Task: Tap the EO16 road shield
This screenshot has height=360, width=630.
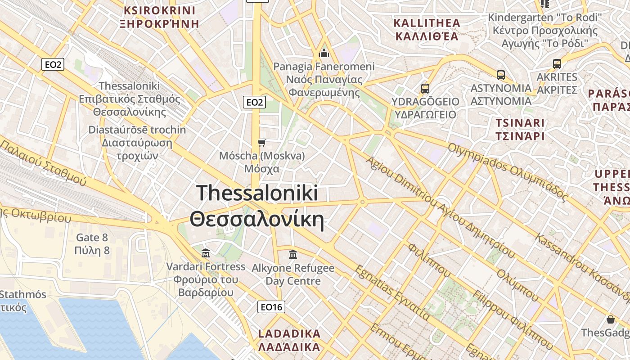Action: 272,307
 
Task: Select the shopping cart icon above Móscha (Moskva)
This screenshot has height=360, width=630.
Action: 261,143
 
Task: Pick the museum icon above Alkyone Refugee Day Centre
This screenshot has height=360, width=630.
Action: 293,255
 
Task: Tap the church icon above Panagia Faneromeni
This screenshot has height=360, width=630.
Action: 324,54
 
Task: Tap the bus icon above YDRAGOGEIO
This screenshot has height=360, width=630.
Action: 425,88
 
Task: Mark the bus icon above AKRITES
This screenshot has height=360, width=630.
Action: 557,64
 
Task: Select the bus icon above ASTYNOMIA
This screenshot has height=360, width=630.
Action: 501,75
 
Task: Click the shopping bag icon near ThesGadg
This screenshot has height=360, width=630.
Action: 611,320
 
